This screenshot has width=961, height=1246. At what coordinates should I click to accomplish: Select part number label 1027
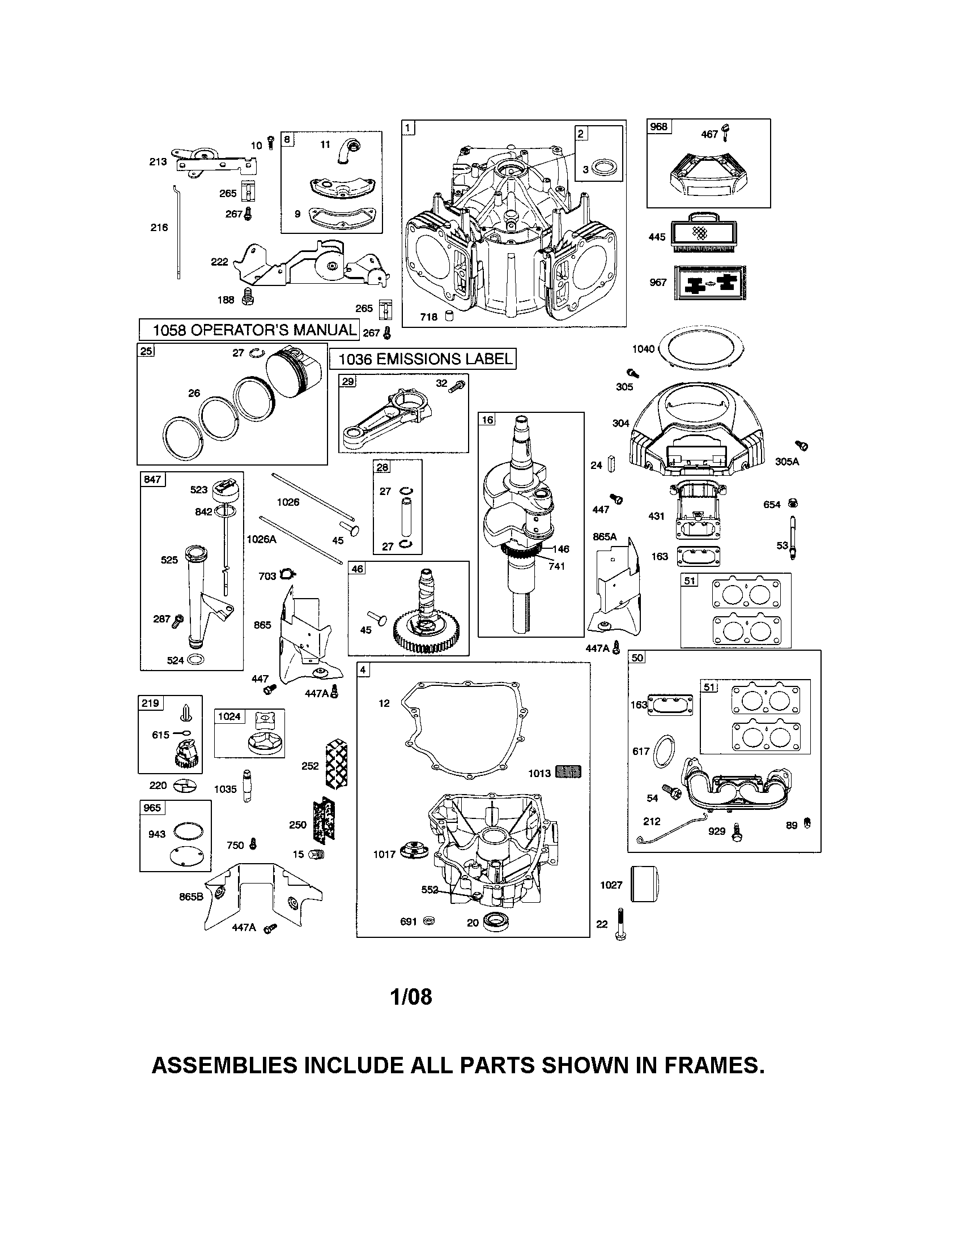(611, 885)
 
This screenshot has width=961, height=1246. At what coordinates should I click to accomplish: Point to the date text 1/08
(411, 997)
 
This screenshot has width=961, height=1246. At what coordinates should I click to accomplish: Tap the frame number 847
(152, 479)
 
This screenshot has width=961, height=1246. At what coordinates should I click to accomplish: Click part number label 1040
(643, 348)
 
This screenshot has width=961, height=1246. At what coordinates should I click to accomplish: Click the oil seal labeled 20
(494, 922)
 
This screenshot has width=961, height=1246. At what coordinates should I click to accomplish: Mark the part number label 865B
(191, 897)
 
